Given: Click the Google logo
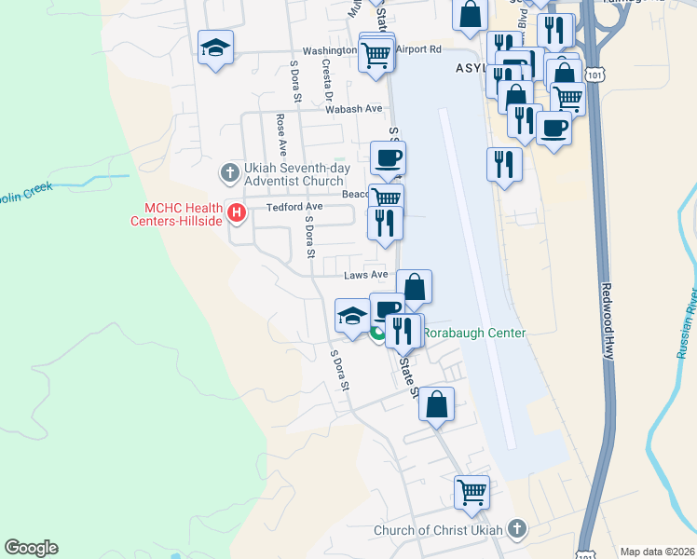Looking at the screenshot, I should pyautogui.click(x=31, y=548).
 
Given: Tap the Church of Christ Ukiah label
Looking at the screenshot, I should pyautogui.click(x=438, y=531).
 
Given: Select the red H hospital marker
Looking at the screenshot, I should pyautogui.click(x=237, y=213).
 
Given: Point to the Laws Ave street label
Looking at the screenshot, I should pyautogui.click(x=365, y=275).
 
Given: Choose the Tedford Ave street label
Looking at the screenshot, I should pyautogui.click(x=294, y=207).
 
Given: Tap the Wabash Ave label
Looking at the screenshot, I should pyautogui.click(x=354, y=109).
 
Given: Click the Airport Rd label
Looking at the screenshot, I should pyautogui.click(x=417, y=49).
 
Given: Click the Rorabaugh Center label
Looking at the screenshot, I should pyautogui.click(x=475, y=333).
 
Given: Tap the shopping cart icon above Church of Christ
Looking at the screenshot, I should pyautogui.click(x=471, y=491).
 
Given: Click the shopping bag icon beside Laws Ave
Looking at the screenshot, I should pyautogui.click(x=415, y=286).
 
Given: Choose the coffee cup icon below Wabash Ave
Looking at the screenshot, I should pyautogui.click(x=388, y=157).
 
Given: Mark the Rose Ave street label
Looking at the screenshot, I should pyautogui.click(x=280, y=136).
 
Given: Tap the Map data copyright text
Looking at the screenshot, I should pyautogui.click(x=657, y=552).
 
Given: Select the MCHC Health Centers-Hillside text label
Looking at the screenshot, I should pyautogui.click(x=184, y=213).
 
